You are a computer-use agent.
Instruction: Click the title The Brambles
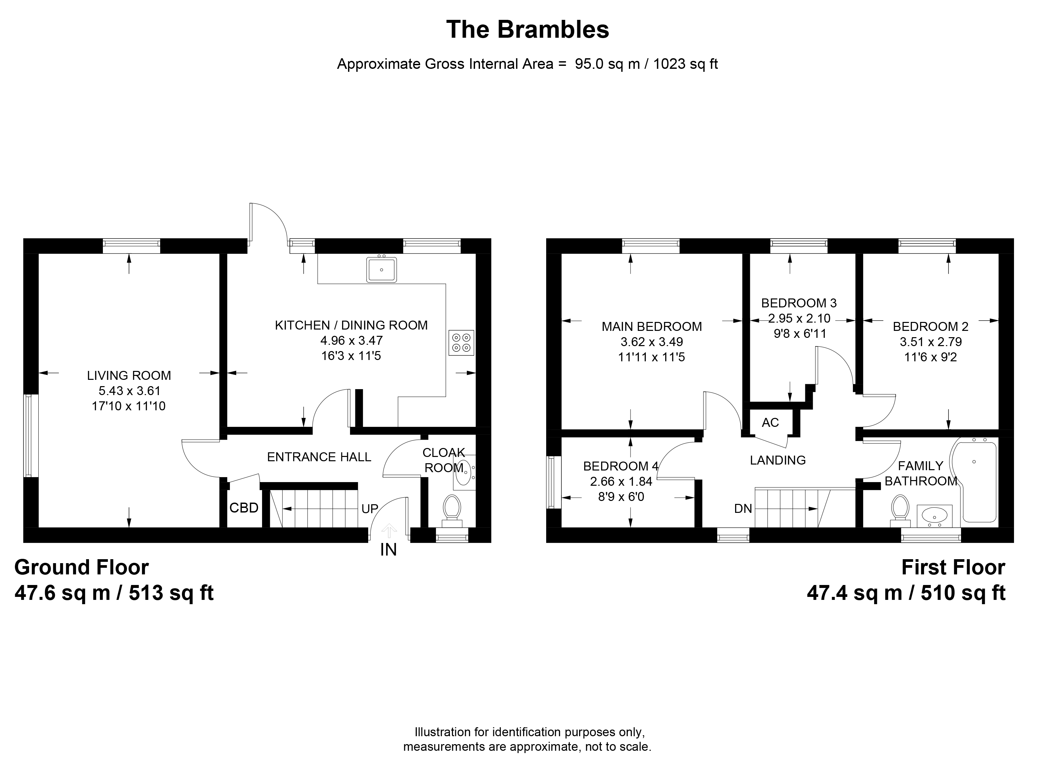527,29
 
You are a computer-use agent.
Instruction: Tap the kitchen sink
381,269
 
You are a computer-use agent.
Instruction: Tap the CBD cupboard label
244,508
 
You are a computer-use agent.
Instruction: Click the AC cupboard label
770,423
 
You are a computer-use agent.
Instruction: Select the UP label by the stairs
370,509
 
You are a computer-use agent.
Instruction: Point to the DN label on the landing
743,509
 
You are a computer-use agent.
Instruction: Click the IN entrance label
388,550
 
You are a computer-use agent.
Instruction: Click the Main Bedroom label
652,327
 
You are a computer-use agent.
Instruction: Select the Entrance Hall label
319,457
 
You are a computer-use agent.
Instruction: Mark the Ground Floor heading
82,567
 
